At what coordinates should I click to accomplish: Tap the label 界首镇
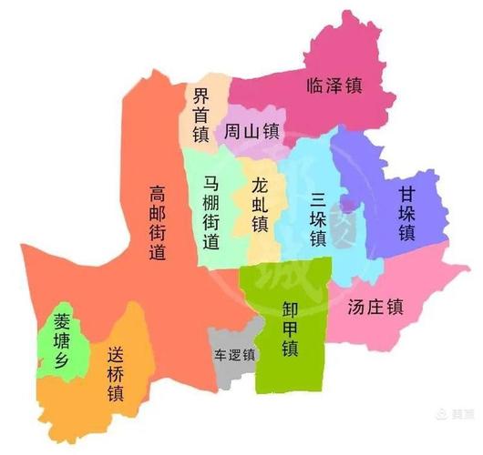[x=201, y=115]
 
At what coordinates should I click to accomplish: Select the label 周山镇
[x=252, y=132]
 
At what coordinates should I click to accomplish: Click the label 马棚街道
[x=211, y=214]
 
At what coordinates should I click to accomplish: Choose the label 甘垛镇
[x=406, y=214]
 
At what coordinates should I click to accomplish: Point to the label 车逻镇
[x=233, y=353]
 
